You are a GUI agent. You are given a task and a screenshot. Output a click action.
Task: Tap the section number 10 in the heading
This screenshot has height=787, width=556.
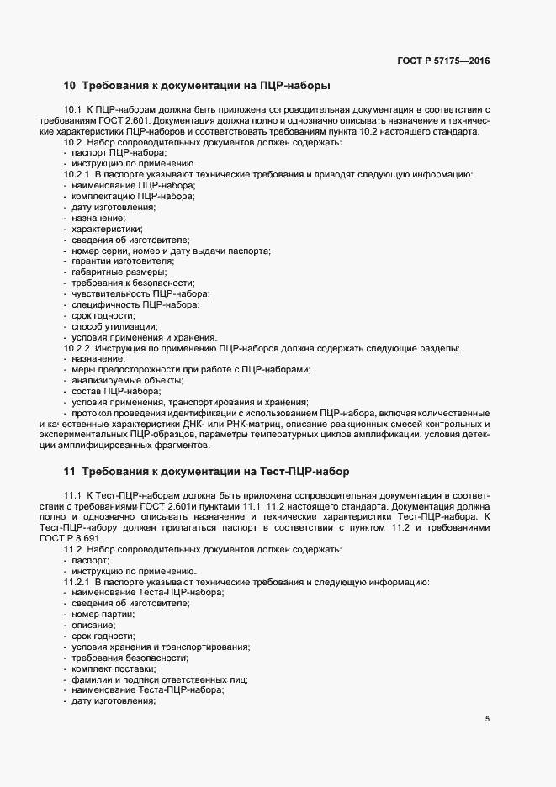coord(70,85)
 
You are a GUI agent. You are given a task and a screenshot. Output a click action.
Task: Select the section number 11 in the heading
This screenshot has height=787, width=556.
coord(70,471)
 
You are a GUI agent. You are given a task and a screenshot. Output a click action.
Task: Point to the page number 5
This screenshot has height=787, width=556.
coord(488,719)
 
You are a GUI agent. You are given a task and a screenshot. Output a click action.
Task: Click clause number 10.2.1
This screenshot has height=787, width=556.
coord(77,174)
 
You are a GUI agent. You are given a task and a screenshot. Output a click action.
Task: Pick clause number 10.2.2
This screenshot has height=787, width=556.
coord(77,347)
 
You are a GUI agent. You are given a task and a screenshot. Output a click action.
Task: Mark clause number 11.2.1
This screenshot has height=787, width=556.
coord(77,582)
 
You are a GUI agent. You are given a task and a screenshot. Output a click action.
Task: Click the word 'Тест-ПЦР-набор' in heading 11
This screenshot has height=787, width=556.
coord(308,471)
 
